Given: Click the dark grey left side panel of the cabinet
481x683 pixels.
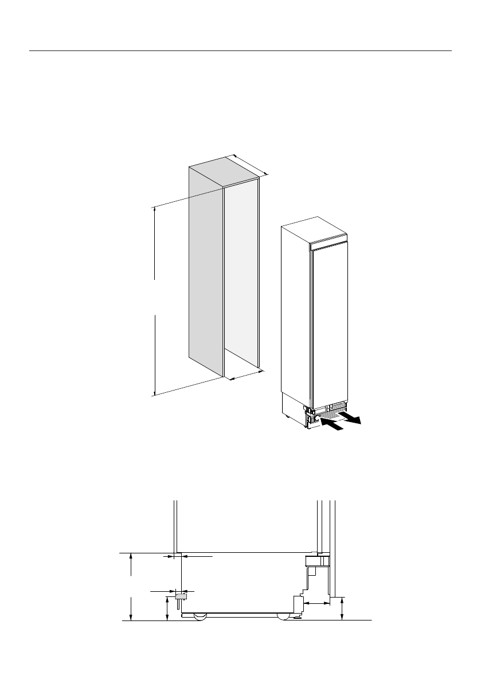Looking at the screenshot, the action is [206, 270].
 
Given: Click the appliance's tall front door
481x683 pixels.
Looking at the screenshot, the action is [330, 321].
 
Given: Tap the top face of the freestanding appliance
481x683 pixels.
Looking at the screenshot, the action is [314, 229].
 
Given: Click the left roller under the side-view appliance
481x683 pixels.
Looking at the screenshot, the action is [200, 616].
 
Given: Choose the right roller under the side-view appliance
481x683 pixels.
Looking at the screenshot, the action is [283, 616].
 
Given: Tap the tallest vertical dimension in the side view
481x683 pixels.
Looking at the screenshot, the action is [132, 586].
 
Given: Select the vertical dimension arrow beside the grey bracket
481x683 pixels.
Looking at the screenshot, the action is [167, 608].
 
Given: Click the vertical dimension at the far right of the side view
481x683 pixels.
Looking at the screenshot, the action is [342, 608].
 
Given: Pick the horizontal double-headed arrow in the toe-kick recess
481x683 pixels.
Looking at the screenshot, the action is [316, 603].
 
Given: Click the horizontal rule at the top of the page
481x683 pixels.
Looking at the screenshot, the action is [240, 50].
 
